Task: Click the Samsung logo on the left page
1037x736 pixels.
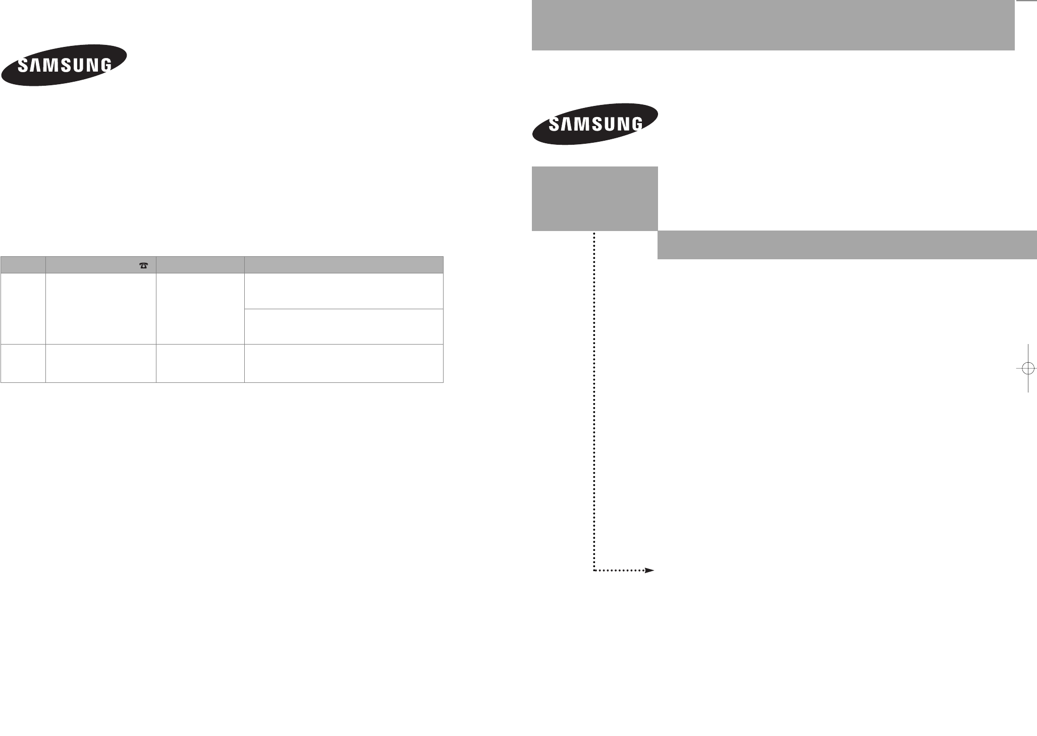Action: point(64,66)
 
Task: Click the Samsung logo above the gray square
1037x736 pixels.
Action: point(595,124)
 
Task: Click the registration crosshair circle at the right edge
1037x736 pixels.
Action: point(1028,368)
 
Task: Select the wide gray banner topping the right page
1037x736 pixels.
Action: point(773,25)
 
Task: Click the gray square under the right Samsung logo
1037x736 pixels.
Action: point(594,198)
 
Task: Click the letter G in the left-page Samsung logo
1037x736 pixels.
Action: point(104,66)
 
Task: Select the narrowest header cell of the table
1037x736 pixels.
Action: point(23,265)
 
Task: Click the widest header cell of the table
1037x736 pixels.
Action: point(344,265)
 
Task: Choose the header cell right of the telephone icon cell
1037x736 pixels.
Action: point(200,265)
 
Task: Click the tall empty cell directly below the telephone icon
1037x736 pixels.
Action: point(101,309)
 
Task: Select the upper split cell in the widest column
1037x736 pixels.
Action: point(344,291)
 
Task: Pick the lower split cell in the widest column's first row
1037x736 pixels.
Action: point(344,326)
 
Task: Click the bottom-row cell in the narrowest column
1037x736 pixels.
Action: point(23,363)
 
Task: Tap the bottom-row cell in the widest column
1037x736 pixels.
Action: point(344,363)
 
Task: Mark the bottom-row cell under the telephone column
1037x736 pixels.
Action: point(101,363)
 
